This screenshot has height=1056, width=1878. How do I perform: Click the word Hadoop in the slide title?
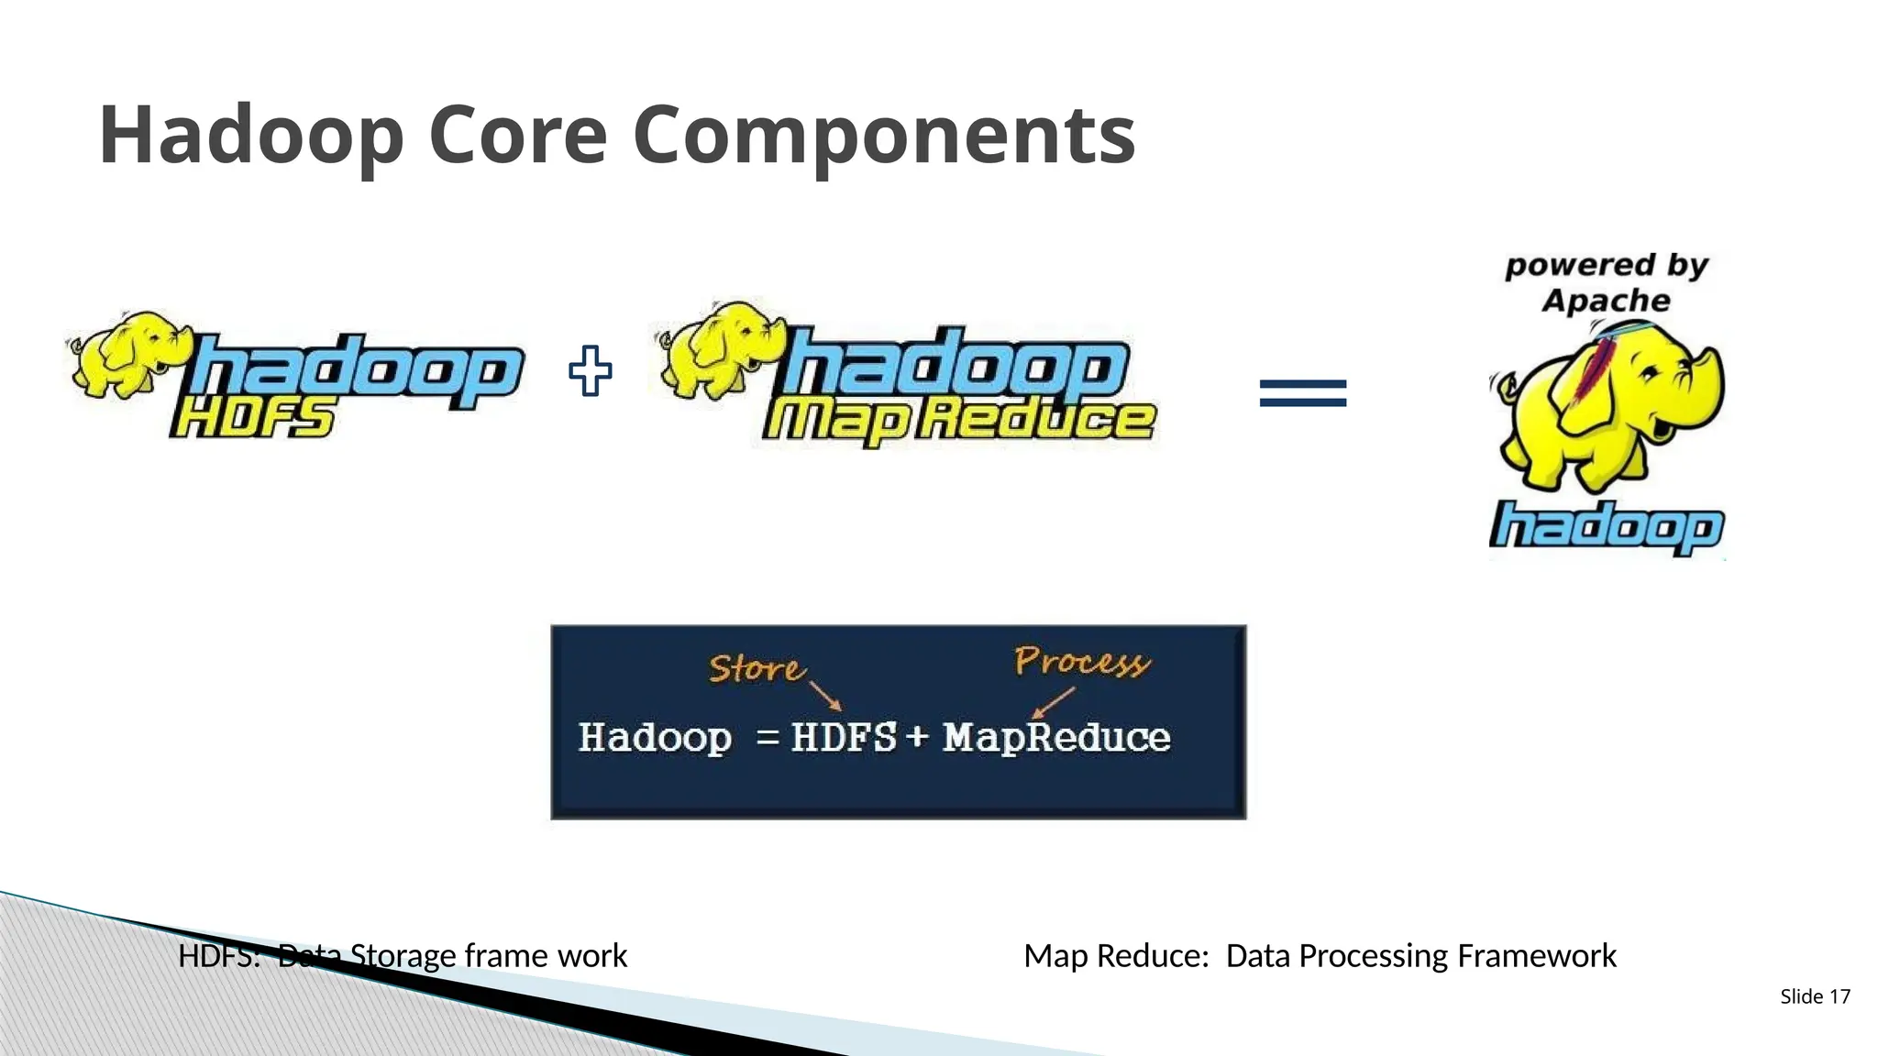tap(250, 136)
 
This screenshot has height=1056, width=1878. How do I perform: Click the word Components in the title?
tap(884, 136)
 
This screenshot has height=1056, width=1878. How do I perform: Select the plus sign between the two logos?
tap(590, 371)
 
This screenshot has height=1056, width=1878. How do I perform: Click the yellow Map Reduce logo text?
tap(958, 422)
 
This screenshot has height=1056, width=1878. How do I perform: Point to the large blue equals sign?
tap(1303, 393)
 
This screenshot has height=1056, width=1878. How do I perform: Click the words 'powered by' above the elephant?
tap(1607, 266)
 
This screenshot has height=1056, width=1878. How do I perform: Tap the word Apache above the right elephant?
tap(1606, 301)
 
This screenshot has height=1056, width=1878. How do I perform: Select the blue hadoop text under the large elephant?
tap(1606, 527)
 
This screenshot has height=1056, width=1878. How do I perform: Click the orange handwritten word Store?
tap(756, 668)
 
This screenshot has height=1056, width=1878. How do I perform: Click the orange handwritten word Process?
tap(1082, 661)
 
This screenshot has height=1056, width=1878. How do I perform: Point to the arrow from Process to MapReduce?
tap(1053, 702)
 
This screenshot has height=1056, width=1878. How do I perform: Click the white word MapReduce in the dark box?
tap(1056, 738)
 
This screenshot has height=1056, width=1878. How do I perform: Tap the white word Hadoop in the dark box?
tap(655, 738)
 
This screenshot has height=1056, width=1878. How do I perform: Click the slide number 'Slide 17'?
tap(1815, 996)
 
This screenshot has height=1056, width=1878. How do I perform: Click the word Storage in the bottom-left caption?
tap(403, 956)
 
